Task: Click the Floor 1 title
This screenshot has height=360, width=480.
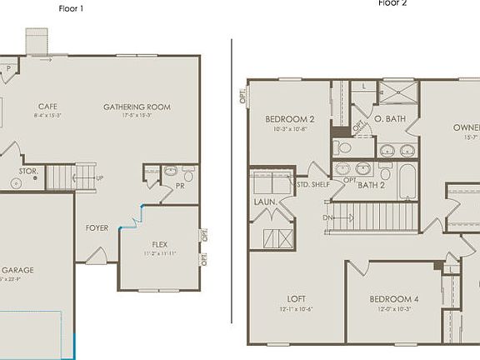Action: pos(72,8)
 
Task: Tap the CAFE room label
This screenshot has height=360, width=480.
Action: pos(47,107)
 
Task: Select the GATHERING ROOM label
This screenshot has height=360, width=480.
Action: pos(137,107)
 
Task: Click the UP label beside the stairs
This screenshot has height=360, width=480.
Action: pos(101,178)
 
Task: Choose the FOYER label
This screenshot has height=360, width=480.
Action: pos(97,227)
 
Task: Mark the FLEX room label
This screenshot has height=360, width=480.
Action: pos(159,244)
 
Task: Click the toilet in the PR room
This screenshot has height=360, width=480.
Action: pos(188,175)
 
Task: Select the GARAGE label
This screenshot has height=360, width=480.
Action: pos(17,270)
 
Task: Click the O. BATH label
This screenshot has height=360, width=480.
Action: pos(389,119)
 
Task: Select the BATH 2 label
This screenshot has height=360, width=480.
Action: pos(372,185)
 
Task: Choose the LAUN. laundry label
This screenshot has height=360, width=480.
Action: pos(266,202)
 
